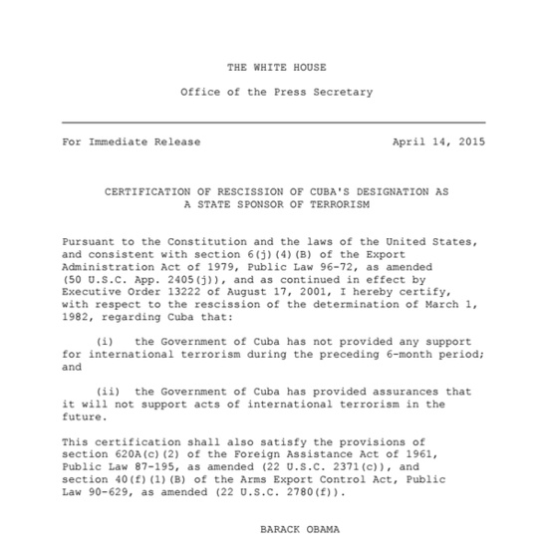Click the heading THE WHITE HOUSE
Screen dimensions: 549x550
click(x=276, y=68)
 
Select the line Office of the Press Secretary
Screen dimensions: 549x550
click(x=276, y=93)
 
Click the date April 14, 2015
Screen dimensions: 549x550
click(x=438, y=142)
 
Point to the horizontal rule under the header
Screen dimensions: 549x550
click(x=274, y=122)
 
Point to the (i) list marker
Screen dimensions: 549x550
click(x=102, y=341)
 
